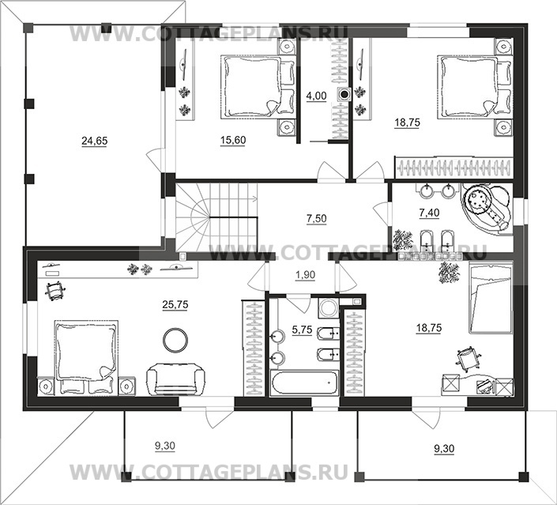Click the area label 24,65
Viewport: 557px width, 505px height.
95,141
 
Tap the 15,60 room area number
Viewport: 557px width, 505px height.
233,141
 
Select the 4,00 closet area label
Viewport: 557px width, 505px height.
316,96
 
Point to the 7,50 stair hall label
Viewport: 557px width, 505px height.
317,219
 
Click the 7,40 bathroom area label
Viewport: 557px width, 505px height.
429,213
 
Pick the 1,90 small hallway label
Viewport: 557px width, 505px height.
305,275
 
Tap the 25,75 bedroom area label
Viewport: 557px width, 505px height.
175,305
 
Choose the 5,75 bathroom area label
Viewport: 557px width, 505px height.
302,330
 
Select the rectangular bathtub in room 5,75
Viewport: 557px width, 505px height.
304,383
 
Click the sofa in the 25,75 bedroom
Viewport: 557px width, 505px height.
176,379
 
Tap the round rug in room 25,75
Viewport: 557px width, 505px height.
175,340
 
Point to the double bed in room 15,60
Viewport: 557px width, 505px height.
258,86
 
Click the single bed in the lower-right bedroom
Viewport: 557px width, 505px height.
491,297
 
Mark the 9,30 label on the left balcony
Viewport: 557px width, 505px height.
165,445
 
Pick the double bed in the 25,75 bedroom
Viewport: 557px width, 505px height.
85,356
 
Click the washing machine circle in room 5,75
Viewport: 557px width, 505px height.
329,307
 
